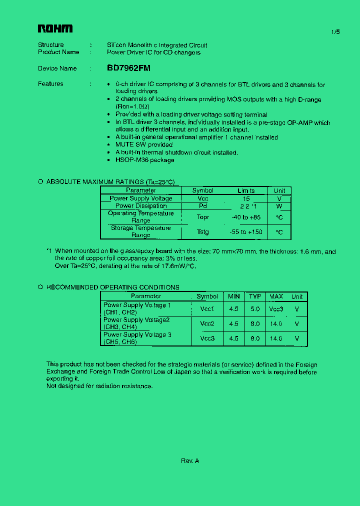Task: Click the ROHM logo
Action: pyautogui.click(x=55, y=29)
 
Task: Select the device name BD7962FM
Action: pyautogui.click(x=128, y=68)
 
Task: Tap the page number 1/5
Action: pyautogui.click(x=335, y=32)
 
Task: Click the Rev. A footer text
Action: pyautogui.click(x=190, y=461)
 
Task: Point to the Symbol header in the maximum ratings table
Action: pyautogui.click(x=202, y=190)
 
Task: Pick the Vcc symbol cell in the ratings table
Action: pyautogui.click(x=202, y=198)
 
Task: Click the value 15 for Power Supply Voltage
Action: pyautogui.click(x=246, y=198)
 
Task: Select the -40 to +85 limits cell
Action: pyautogui.click(x=246, y=217)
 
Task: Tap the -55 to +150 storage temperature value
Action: pyautogui.click(x=246, y=232)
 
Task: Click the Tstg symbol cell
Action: pyautogui.click(x=202, y=232)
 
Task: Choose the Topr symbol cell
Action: pyautogui.click(x=202, y=217)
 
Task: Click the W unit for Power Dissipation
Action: pyautogui.click(x=279, y=206)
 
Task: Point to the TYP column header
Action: pyautogui.click(x=255, y=296)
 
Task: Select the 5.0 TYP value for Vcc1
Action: pyautogui.click(x=255, y=309)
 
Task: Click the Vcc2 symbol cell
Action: pyautogui.click(x=207, y=323)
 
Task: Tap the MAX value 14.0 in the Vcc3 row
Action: pyautogui.click(x=276, y=338)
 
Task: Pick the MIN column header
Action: pyautogui.click(x=234, y=296)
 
